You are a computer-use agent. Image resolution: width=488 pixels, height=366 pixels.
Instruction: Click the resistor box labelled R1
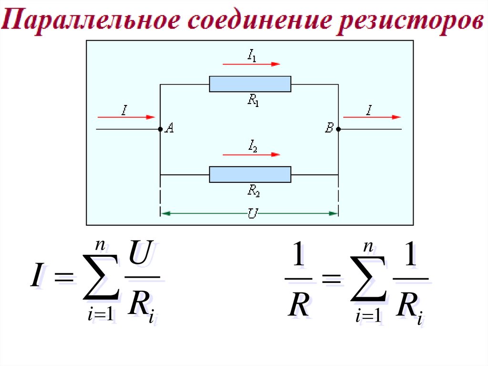point(250,84)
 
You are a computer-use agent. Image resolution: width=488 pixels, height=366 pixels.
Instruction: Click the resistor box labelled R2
point(250,174)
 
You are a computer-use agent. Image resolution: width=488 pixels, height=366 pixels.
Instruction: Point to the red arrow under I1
point(251,64)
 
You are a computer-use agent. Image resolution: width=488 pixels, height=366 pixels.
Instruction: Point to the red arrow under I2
point(251,154)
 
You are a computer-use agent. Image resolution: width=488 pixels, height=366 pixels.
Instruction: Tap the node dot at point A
point(160,129)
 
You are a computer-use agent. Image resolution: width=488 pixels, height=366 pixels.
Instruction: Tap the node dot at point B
point(338,129)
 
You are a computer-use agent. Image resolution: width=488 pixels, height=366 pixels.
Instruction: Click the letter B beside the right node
point(329,128)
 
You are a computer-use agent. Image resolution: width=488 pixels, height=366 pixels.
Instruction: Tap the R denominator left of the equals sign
point(299,305)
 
